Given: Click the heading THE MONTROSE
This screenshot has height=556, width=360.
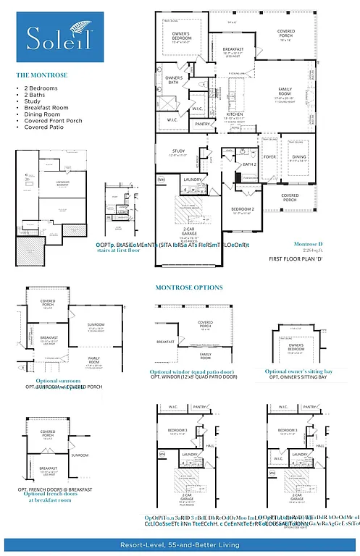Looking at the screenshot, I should click(43, 75).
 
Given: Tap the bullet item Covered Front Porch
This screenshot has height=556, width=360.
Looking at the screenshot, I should click(54, 119).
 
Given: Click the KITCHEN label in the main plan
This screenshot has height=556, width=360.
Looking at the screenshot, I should click(234, 114).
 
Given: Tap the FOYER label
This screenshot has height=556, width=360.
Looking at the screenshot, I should click(269, 156).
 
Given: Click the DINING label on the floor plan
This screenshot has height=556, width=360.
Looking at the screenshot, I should click(298, 156).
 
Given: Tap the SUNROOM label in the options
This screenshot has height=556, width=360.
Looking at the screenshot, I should click(96, 325).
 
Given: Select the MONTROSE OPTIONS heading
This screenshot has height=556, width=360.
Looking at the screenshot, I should click(189, 287).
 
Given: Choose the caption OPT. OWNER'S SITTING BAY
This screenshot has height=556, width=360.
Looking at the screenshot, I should click(301, 377).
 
